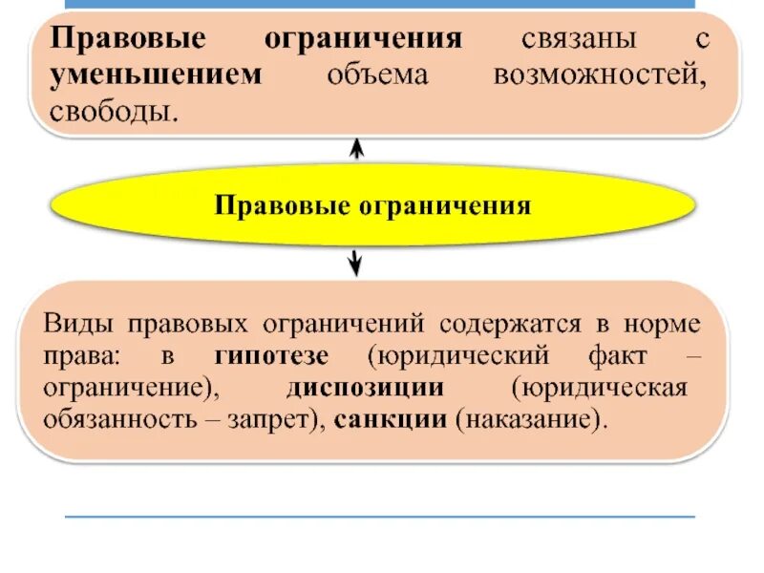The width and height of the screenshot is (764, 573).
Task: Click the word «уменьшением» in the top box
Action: [157, 75]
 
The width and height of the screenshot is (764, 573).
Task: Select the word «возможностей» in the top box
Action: [599, 75]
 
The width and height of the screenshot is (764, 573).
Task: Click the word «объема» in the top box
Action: [377, 75]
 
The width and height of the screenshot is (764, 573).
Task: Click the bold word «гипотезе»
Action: [272, 356]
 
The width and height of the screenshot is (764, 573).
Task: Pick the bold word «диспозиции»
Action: [366, 388]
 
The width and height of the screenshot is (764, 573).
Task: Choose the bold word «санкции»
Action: [391, 420]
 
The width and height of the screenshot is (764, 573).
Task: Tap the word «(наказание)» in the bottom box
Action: [532, 420]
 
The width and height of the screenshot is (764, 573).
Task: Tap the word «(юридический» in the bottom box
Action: [459, 356]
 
